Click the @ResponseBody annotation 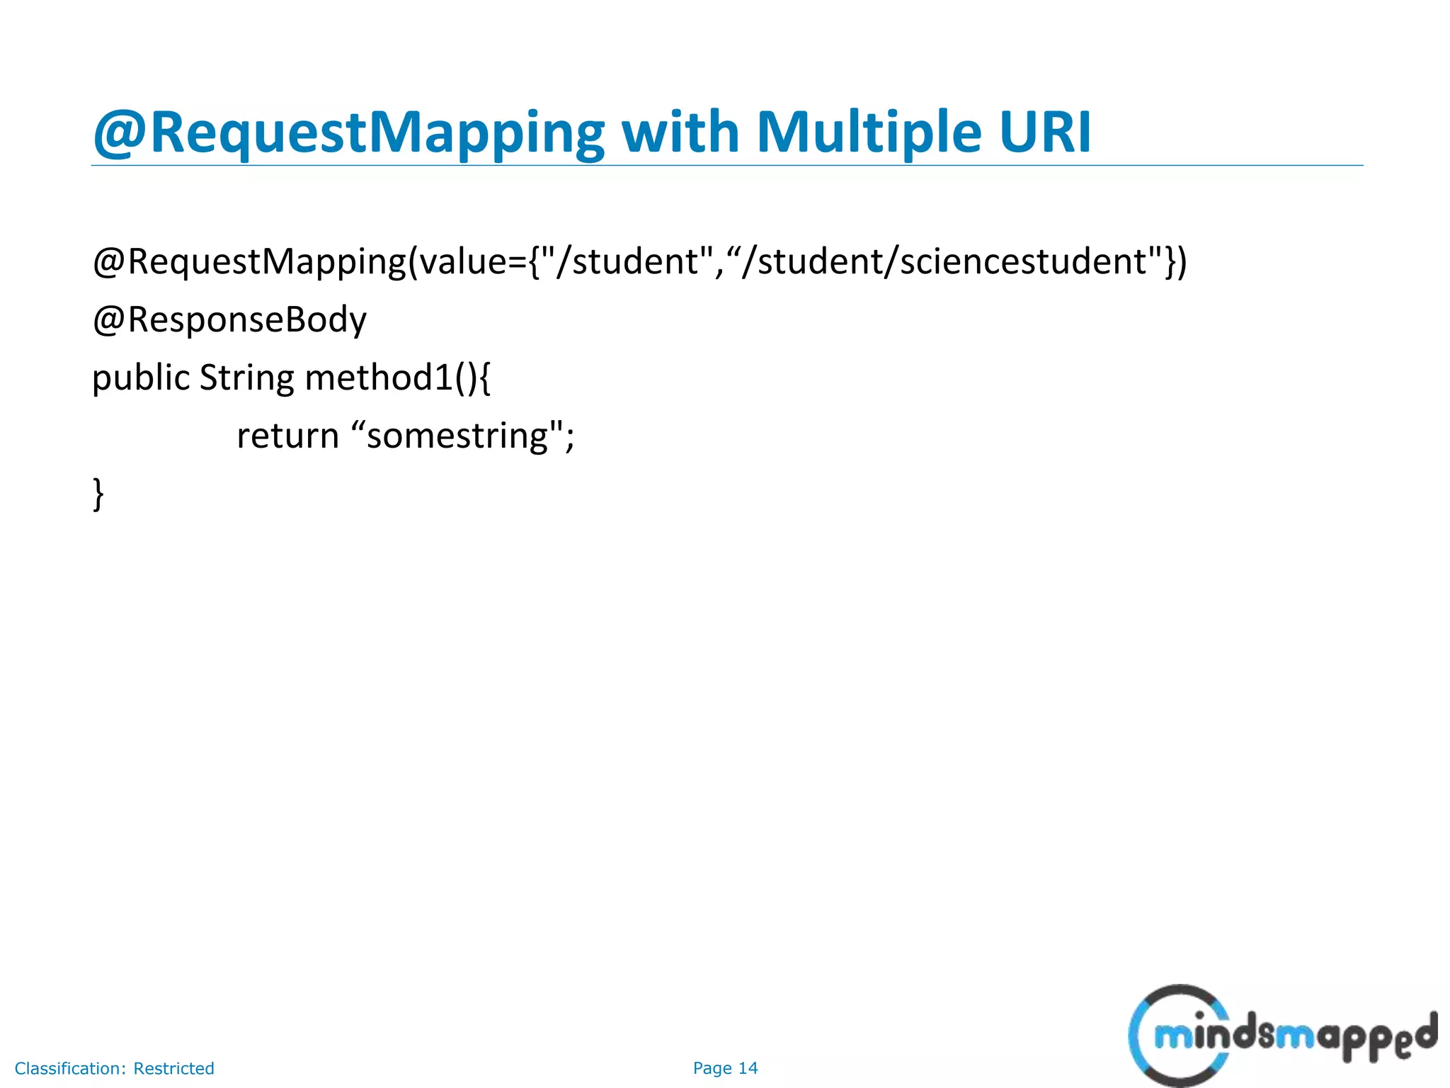[x=229, y=319]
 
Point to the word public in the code [x=141, y=378]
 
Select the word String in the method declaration [x=246, y=378]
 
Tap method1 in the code [x=379, y=378]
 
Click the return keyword [x=287, y=435]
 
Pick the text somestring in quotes [x=457, y=435]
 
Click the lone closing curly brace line [x=98, y=493]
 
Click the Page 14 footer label [x=725, y=1068]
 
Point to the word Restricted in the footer [x=173, y=1068]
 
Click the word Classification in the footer [x=70, y=1068]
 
